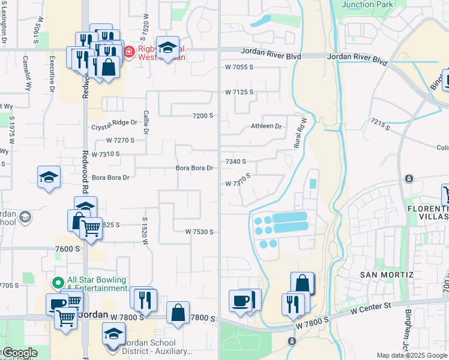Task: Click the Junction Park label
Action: click(367, 4)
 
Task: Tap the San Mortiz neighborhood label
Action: click(387, 274)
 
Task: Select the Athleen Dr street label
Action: click(266, 127)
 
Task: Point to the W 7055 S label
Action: click(239, 67)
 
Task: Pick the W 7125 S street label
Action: click(239, 92)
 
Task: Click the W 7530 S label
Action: click(199, 232)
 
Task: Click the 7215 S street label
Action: click(380, 125)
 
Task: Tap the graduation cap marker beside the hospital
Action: click(169, 48)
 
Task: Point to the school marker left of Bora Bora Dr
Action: click(49, 177)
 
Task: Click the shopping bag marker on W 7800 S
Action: click(178, 313)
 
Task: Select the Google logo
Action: click(19, 353)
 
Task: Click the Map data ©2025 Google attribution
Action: click(412, 355)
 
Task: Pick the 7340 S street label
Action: click(236, 162)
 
